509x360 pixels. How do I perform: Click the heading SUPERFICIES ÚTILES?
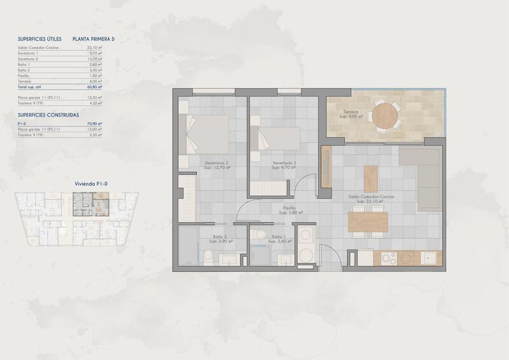[40, 39]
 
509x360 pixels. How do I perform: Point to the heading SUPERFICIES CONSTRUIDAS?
[48, 115]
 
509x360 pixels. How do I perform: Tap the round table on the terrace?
[386, 116]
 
